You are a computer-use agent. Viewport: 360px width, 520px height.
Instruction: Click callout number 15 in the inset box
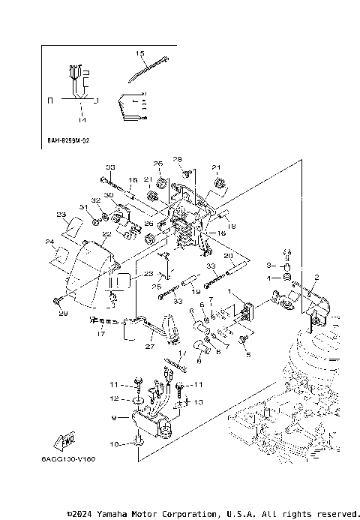tap(139, 54)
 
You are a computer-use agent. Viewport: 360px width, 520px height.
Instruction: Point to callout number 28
tap(178, 160)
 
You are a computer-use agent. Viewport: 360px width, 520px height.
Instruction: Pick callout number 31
tap(84, 207)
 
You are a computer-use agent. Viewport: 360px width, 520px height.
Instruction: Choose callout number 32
tap(96, 200)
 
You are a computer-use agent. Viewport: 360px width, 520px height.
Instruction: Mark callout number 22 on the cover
tap(106, 234)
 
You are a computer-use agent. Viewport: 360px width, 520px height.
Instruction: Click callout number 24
tap(49, 242)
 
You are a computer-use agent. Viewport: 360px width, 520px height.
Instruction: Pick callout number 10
tap(113, 445)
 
